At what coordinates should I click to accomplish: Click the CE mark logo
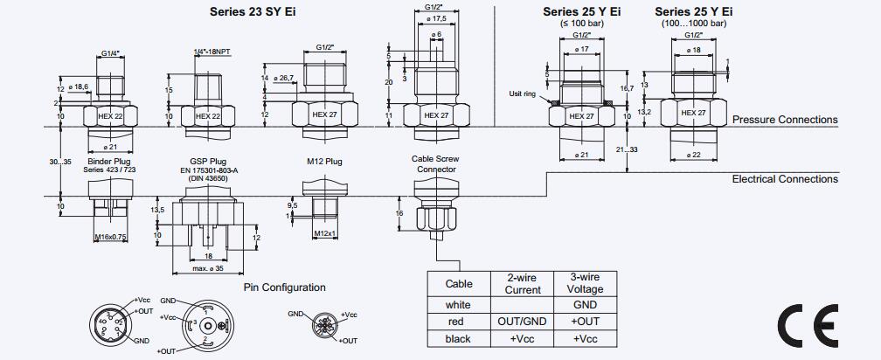tap(808, 326)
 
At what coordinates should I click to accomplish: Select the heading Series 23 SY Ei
tap(253, 11)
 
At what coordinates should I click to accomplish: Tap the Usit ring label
tap(523, 93)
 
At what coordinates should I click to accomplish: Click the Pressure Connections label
tap(785, 120)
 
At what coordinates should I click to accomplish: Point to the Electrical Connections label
tap(785, 179)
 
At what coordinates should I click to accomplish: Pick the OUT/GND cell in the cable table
tap(522, 322)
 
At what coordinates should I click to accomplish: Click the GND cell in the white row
tap(585, 305)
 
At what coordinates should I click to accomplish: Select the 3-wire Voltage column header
tap(585, 284)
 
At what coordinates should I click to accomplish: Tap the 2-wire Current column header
tap(522, 284)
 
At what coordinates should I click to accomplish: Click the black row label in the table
tap(458, 339)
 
